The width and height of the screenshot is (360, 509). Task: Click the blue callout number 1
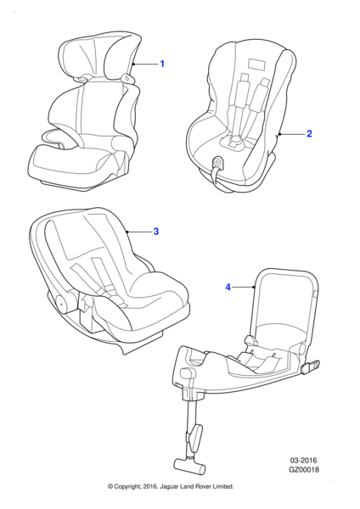tap(162, 64)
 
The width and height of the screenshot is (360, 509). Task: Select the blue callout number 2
tap(309, 133)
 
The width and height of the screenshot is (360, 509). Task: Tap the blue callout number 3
tap(156, 231)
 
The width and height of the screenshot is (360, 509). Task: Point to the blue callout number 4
tap(228, 288)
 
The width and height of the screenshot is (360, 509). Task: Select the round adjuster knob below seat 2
tap(218, 161)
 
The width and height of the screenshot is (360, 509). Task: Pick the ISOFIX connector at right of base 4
tap(312, 365)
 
